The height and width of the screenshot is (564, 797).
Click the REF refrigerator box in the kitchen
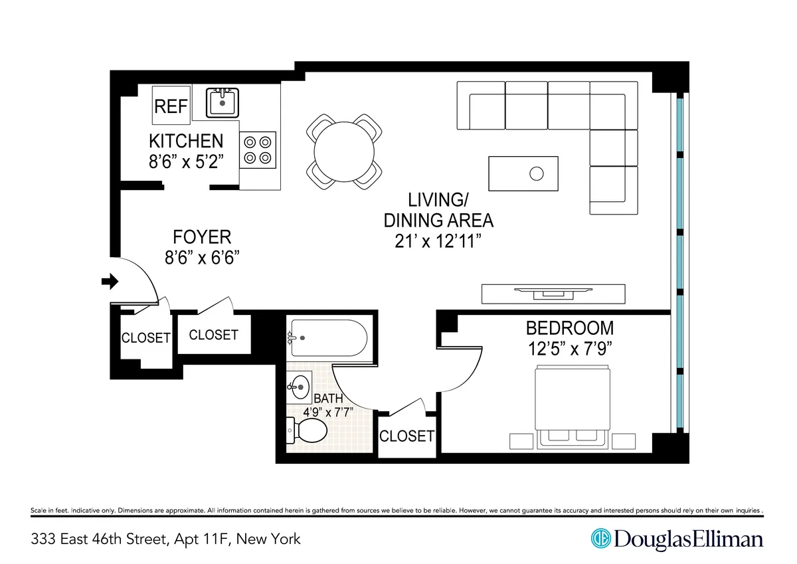tap(171, 106)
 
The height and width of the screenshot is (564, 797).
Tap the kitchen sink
tap(221, 103)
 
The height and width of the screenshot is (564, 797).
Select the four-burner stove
tap(258, 149)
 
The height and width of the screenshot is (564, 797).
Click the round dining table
tap(345, 151)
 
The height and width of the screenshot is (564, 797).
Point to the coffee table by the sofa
tap(523, 173)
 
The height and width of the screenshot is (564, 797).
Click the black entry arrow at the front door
tap(109, 282)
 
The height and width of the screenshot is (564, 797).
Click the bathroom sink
tap(301, 385)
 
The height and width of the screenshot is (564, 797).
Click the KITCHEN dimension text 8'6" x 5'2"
tap(186, 161)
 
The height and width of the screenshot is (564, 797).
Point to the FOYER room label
tap(202, 237)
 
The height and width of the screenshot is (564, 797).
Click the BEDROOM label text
tap(569, 328)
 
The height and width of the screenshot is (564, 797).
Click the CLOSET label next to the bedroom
tap(406, 436)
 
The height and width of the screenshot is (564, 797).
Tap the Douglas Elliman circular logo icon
tap(601, 538)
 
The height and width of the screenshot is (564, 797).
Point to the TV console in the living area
tap(553, 293)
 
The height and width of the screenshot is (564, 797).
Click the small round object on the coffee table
tap(537, 174)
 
